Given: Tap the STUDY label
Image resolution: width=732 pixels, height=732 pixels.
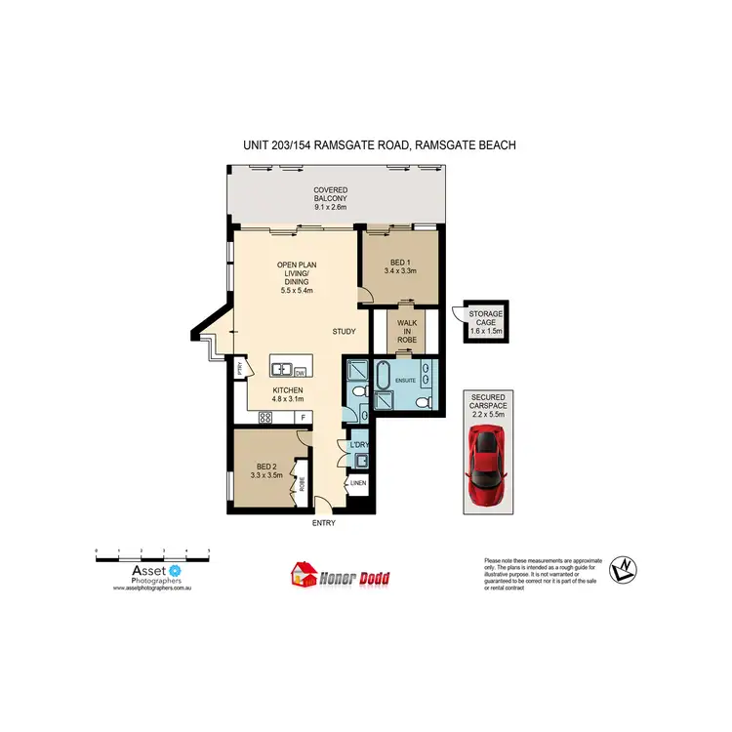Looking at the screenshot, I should pyautogui.click(x=344, y=332).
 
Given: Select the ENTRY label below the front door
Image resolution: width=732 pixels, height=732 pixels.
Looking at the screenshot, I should pyautogui.click(x=323, y=523).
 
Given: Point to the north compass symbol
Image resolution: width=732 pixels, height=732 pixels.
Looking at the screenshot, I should pyautogui.click(x=621, y=569).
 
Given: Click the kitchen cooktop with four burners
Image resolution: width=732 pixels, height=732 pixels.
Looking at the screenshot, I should pyautogui.click(x=264, y=417).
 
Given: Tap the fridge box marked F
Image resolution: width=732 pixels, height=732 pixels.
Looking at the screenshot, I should pyautogui.click(x=304, y=418).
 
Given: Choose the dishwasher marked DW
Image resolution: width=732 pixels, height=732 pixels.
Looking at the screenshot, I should pyautogui.click(x=299, y=371).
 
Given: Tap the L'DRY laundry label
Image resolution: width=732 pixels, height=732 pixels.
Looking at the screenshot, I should pyautogui.click(x=358, y=446).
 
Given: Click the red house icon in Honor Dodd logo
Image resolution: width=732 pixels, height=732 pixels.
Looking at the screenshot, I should pyautogui.click(x=305, y=576).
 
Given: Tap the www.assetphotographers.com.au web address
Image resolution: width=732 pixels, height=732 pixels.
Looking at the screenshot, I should pyautogui.click(x=151, y=589).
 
